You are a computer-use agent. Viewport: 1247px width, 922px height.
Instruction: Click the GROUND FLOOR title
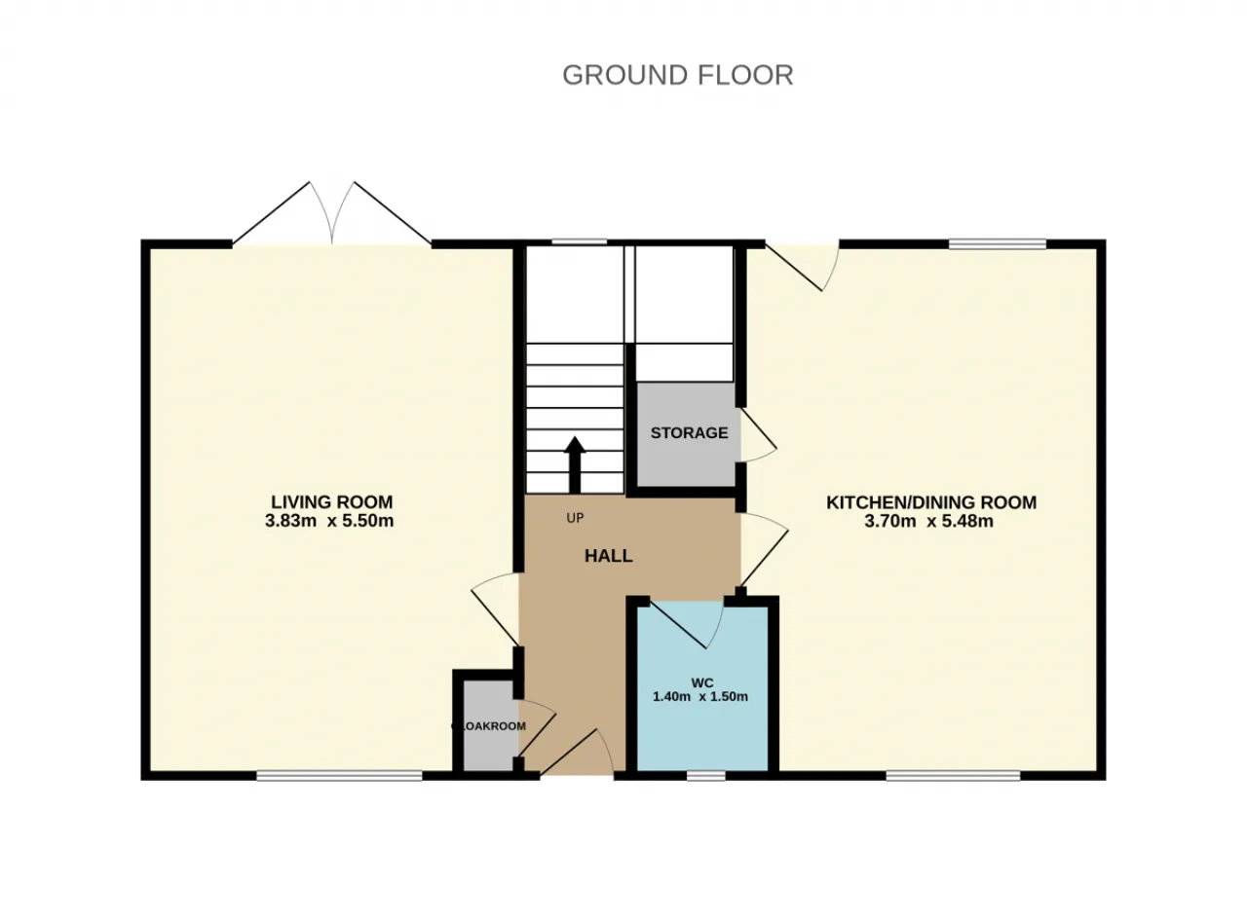(677, 75)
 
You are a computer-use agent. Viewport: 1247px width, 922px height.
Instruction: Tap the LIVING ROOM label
(331, 501)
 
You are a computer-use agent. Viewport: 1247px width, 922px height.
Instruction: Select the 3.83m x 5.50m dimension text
(329, 521)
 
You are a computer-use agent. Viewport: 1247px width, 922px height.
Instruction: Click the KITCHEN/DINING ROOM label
(931, 502)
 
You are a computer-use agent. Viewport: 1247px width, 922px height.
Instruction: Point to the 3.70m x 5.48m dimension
(928, 522)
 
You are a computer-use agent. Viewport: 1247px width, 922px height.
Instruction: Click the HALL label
(608, 556)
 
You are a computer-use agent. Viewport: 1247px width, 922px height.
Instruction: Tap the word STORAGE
(690, 432)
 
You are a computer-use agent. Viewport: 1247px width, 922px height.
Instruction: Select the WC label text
(702, 682)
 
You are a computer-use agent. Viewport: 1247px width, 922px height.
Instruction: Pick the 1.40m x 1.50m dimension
(699, 697)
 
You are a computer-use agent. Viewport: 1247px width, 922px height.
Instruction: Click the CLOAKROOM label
(488, 726)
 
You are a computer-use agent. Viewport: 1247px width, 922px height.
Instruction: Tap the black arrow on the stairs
(575, 465)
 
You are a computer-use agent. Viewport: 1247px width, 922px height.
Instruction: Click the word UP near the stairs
(575, 518)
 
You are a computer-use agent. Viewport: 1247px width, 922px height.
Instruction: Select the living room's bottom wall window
(340, 776)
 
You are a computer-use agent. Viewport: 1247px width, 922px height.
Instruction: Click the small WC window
(706, 776)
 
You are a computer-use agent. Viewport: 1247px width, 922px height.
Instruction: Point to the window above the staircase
(579, 242)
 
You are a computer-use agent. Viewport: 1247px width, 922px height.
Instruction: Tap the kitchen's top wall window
(998, 243)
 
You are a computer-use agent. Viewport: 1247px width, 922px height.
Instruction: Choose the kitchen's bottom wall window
(954, 776)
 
